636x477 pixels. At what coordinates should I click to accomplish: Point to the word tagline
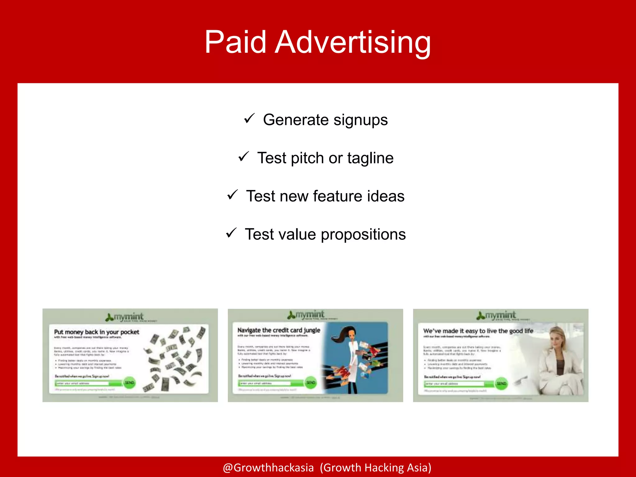[370, 158]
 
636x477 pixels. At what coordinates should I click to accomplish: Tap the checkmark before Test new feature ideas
[232, 195]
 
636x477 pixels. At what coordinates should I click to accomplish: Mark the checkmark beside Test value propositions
[231, 233]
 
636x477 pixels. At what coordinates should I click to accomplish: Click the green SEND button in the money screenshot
[129, 383]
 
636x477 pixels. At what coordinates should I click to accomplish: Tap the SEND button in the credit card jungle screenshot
[311, 382]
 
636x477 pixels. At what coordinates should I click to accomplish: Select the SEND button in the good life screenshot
[501, 384]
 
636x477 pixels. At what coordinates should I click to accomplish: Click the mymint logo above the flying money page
[125, 317]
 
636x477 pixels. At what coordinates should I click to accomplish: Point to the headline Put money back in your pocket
[97, 332]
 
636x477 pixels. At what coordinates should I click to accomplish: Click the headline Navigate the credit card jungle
[279, 330]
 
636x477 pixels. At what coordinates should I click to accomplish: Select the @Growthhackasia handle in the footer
[268, 467]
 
